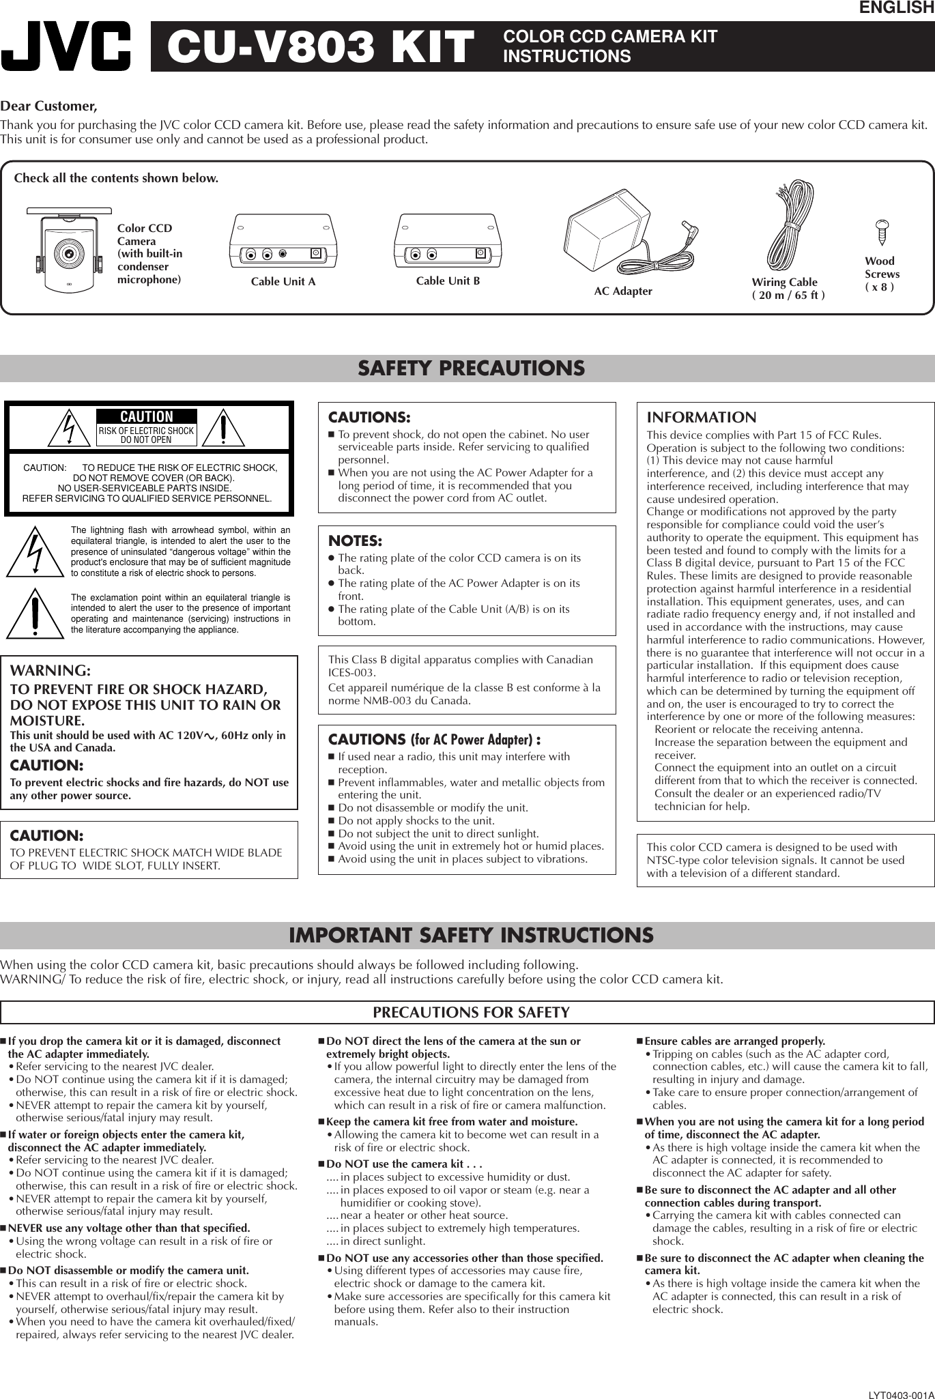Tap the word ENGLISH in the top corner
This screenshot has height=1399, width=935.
(896, 8)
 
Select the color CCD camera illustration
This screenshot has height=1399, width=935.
(69, 245)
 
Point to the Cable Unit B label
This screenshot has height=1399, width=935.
(448, 280)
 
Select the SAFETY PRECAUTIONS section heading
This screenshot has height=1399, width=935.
(472, 369)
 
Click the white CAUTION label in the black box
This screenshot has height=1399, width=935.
(147, 416)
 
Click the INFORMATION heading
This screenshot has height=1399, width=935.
(701, 418)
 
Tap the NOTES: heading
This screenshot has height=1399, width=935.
(355, 540)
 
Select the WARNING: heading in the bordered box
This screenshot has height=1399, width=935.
(51, 672)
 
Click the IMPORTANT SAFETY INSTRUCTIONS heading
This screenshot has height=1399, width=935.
(471, 935)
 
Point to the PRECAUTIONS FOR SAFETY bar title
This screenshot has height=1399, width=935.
(471, 1012)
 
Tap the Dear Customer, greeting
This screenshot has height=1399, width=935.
(49, 107)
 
